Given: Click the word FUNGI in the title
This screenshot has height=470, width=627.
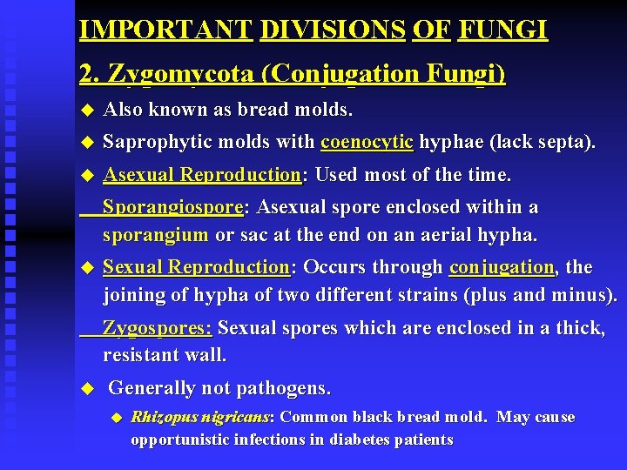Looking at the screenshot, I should [502, 30].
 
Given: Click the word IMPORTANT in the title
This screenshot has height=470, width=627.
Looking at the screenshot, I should [165, 30].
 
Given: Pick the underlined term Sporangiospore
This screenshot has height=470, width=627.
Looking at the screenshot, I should [174, 208].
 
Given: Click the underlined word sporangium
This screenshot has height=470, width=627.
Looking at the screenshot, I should [155, 235].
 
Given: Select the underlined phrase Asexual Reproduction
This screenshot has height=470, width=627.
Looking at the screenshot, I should [202, 175].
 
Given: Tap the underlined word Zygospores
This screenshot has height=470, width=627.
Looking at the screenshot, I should [158, 328].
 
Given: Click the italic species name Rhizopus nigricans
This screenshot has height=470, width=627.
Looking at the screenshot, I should [201, 417].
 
